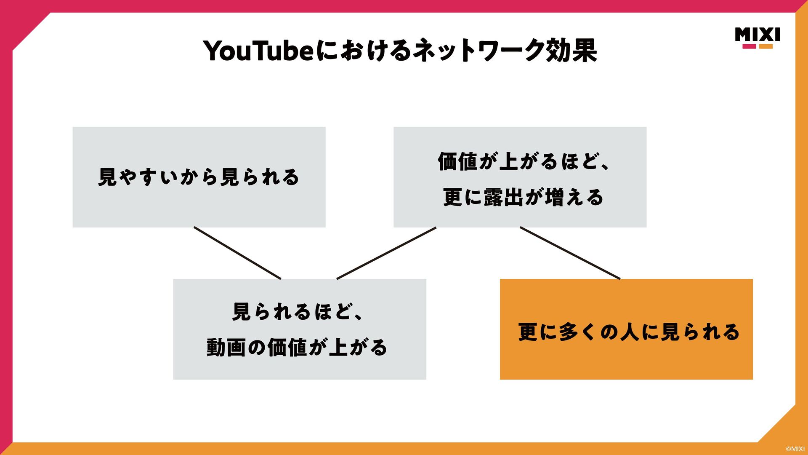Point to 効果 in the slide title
tap(571, 51)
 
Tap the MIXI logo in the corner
tap(757, 35)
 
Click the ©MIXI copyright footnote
tap(795, 449)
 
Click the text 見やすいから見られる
tap(199, 177)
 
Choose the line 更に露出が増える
tap(523, 197)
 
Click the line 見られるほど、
tap(297, 312)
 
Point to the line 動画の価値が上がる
tap(297, 348)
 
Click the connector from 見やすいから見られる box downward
tap(237, 253)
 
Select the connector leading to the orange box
tap(570, 253)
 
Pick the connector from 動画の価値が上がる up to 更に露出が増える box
tap(386, 253)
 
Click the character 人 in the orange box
tap(630, 332)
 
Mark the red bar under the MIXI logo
tap(749, 46)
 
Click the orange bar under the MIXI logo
tap(766, 46)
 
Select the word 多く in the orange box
tap(577, 332)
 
